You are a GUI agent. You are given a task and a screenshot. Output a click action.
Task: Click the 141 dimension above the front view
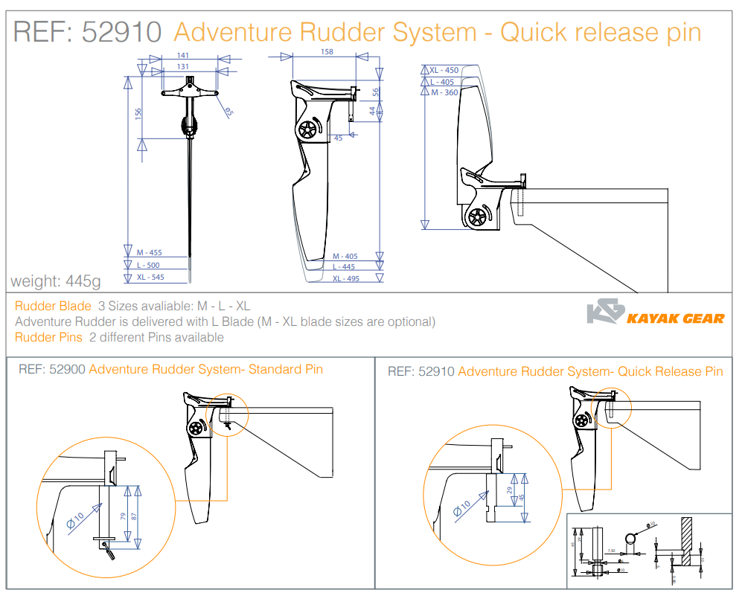coord(183,56)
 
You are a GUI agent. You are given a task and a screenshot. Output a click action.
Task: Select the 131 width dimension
coord(183,67)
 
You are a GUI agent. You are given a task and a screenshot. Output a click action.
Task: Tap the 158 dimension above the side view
coord(326,52)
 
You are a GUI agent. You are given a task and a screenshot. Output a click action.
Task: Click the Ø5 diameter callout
coord(228,112)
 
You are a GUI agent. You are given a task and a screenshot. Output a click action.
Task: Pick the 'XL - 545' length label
coord(149,278)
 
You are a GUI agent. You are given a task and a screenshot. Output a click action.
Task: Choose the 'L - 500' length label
coord(148,265)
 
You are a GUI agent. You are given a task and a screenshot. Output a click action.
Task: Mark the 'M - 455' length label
coord(149,253)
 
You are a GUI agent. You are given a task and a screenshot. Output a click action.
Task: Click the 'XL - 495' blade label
coord(345,278)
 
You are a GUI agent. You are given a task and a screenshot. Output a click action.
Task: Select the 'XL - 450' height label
coord(444,70)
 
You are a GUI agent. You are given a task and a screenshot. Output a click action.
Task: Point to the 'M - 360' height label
coord(444,93)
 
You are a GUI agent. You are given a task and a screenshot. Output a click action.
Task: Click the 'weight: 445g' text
coord(55,281)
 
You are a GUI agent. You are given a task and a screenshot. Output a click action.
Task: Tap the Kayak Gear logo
coord(655,314)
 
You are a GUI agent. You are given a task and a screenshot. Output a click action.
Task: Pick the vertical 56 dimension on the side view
coord(377,92)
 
